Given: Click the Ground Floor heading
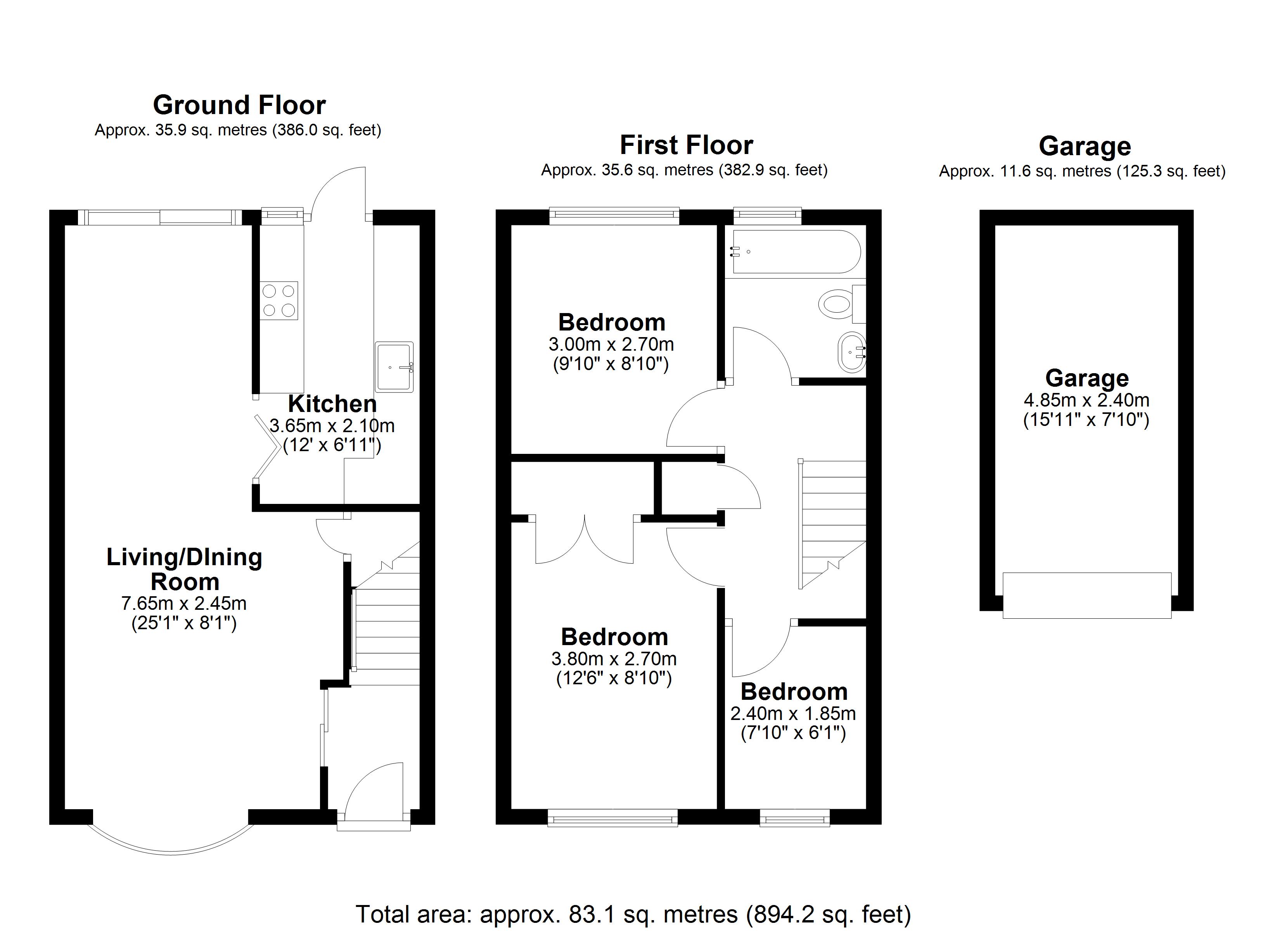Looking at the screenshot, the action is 239,105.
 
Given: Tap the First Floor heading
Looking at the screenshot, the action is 686,145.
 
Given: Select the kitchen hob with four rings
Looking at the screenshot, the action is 279,300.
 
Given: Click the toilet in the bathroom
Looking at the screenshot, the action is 841,304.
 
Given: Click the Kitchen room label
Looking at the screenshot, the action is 332,404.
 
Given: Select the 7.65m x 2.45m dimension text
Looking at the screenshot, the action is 184,604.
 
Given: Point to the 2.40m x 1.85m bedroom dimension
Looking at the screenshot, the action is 793,714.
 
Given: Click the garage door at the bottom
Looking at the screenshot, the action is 1086,595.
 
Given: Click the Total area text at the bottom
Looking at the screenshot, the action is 633,914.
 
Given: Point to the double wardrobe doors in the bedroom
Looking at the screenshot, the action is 585,539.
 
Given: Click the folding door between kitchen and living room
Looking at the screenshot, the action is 266,449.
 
